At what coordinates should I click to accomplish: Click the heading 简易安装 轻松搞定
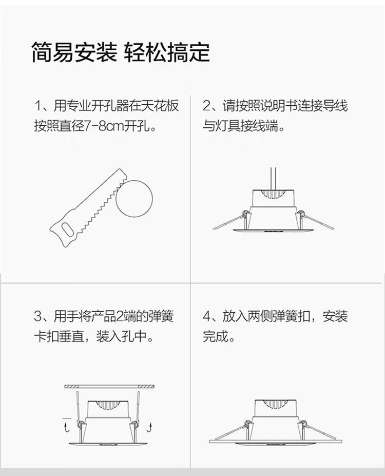point(121,53)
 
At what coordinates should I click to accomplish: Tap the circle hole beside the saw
point(134,199)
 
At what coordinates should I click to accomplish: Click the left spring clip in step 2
point(230,220)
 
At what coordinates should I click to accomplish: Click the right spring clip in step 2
point(315,220)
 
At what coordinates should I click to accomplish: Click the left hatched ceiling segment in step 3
point(71,387)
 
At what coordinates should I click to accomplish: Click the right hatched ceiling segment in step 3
point(146,387)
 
